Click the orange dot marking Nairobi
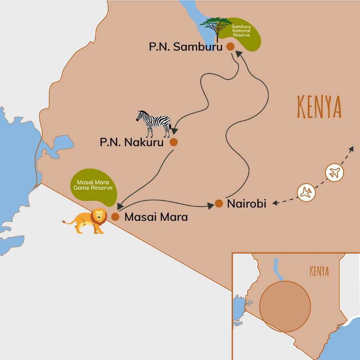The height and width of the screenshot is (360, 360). [219, 204]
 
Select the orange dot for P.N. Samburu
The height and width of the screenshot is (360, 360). [230, 46]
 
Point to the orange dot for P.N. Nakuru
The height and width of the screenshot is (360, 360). [174, 142]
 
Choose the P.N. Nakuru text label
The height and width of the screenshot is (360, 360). [132, 142]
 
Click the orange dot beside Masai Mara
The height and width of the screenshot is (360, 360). [115, 217]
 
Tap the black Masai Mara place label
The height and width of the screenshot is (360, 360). [156, 217]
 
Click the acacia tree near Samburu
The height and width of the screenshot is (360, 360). [216, 28]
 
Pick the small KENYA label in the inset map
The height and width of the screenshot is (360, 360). [319, 272]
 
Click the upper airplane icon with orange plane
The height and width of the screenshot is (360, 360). [334, 172]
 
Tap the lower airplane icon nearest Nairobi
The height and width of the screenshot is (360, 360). [306, 192]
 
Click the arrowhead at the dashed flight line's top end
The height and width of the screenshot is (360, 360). [352, 149]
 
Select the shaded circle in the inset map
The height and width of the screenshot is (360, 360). [285, 306]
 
